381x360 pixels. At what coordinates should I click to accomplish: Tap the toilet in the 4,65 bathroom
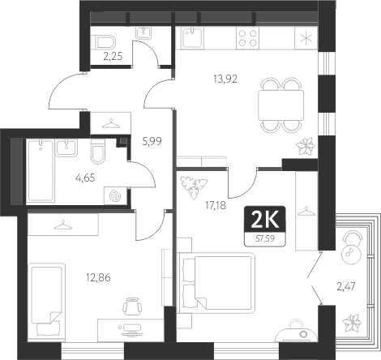point(98,153)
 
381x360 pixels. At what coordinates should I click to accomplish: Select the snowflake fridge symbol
point(305,38)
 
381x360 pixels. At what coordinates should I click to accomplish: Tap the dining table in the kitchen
point(279,103)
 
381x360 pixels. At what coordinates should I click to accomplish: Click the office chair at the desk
point(134,306)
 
